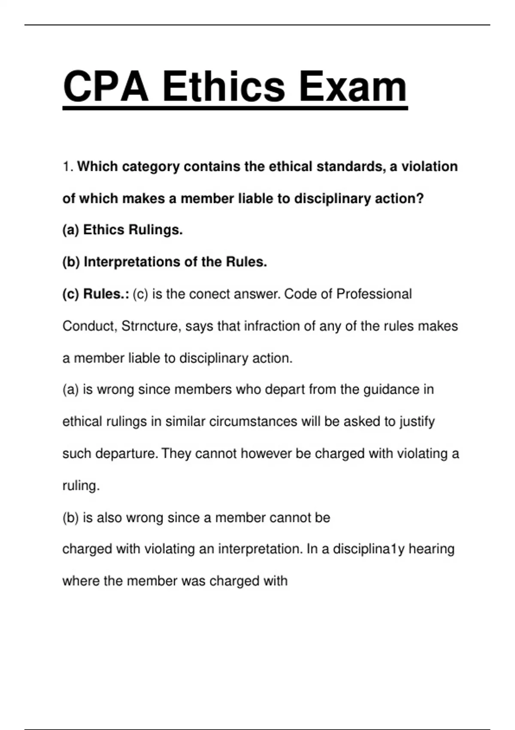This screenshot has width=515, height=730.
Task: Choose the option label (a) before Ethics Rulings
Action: (x=71, y=230)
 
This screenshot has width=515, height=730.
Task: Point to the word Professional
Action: (x=374, y=294)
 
